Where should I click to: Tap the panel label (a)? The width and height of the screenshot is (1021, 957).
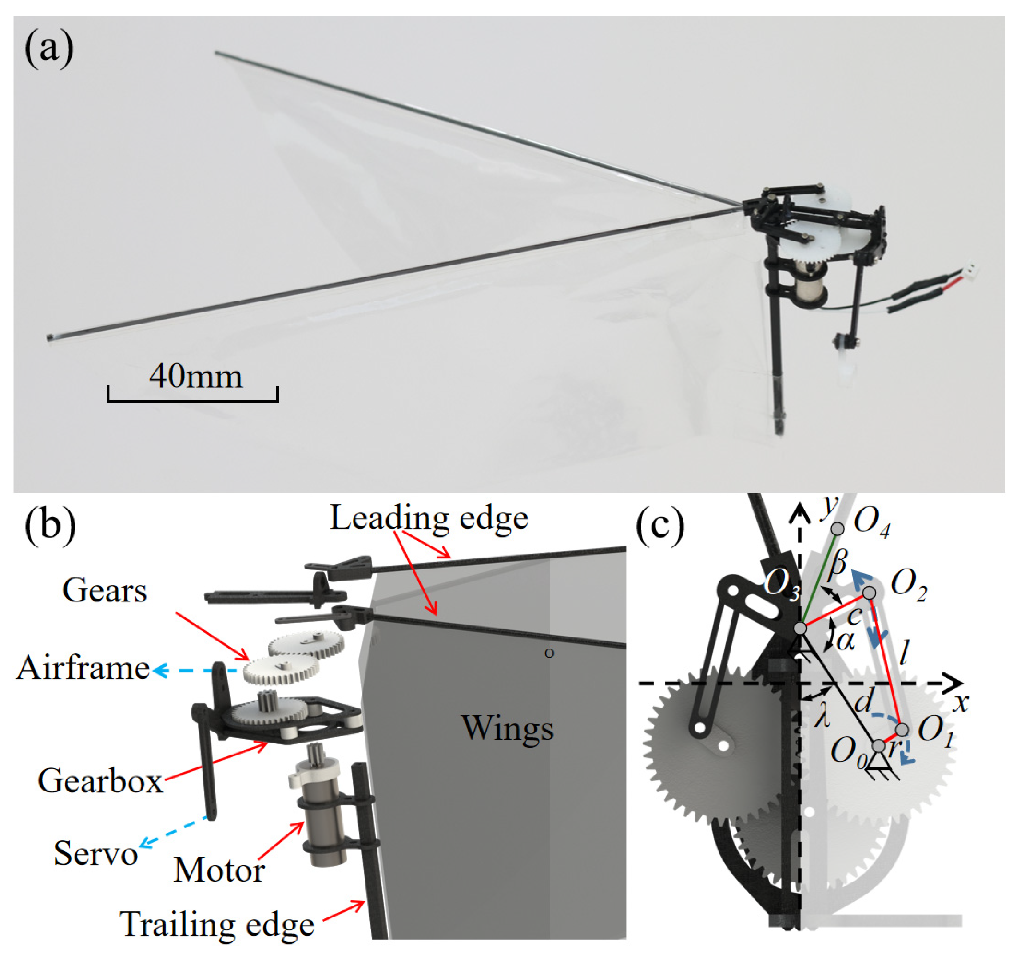(x=49, y=50)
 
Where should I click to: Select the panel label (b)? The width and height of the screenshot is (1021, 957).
(x=50, y=525)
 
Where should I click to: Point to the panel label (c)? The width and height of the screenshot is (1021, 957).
(x=660, y=528)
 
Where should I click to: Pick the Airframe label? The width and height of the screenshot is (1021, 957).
(x=83, y=669)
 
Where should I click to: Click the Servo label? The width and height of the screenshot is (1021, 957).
(x=95, y=854)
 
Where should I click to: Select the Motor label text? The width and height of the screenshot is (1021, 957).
(x=219, y=871)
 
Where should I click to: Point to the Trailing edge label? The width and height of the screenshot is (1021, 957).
(x=217, y=925)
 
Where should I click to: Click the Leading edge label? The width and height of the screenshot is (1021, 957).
(x=429, y=518)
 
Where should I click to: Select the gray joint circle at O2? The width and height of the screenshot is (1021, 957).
(x=869, y=593)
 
